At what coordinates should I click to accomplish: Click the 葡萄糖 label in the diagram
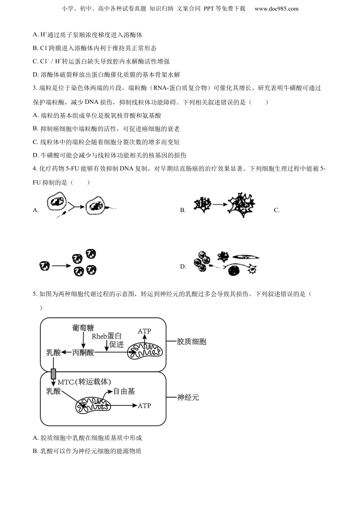pos(83,328)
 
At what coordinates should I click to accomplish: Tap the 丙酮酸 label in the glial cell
pos(83,353)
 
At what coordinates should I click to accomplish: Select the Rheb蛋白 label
pos(107,336)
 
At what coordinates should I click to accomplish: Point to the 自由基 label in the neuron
pos(124,391)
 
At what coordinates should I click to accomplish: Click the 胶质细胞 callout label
pos(191,342)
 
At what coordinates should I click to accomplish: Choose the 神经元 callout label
pos(188,397)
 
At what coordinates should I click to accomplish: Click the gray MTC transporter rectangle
pos(53,373)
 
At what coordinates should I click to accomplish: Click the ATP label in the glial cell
pos(144,331)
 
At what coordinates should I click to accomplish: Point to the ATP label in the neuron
pos(144,406)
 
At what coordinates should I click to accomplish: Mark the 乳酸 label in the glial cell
pos(53,353)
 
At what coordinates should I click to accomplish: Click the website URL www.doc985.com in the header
pos(276,9)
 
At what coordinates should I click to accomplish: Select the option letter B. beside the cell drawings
pos(183,210)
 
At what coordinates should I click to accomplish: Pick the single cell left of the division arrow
pos(44,266)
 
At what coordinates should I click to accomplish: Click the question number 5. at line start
pos(35,294)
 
